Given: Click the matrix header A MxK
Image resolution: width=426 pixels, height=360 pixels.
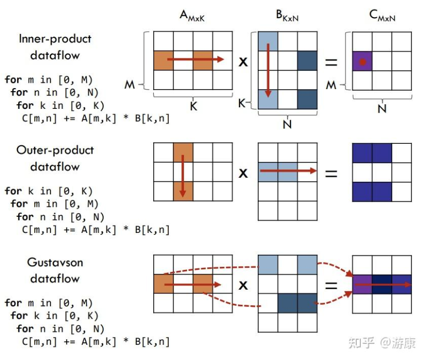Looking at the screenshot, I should pos(192,17).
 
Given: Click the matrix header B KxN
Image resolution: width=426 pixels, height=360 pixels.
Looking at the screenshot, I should pos(287,17).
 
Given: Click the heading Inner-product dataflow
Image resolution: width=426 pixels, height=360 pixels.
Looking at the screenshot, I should pos(55,46).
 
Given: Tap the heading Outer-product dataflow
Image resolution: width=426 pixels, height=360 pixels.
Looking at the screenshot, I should pos(55,158).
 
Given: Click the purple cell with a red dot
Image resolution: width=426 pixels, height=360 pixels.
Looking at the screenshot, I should pos(362,61).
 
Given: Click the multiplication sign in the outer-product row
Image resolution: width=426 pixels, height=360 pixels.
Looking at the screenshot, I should pos(243,172).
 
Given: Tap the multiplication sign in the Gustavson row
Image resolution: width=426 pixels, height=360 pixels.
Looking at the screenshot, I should pos(243,285).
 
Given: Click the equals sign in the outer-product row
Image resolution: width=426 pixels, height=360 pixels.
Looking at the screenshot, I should pos(331,172).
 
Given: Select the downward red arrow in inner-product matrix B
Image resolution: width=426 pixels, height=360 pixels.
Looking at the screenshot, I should pos(268,71).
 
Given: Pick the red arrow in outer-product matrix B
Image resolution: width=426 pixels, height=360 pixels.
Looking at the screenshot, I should pos(288,171).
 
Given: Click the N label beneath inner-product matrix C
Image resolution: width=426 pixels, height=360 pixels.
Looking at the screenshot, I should pos(382,108).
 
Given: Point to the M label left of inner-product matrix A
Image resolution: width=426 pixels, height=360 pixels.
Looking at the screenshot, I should pos(129,84).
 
